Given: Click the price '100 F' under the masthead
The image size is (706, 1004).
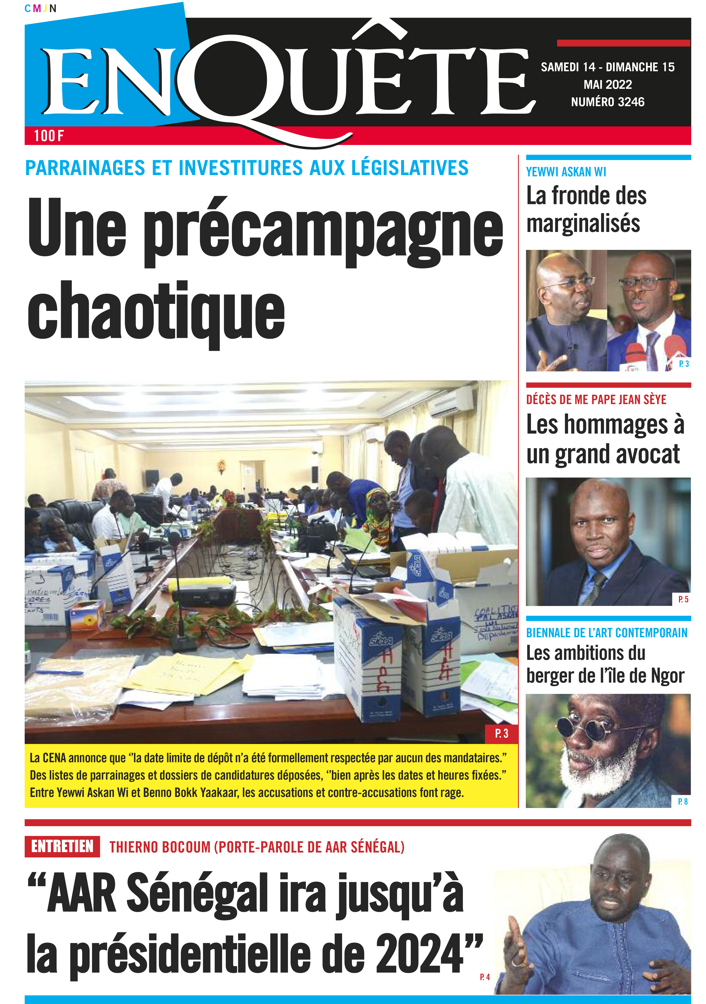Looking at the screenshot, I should pos(49,136).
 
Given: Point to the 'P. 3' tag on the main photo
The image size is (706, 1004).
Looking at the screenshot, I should pos(501,733).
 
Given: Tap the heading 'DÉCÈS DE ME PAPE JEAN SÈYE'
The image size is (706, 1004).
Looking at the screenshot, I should pos(596,400).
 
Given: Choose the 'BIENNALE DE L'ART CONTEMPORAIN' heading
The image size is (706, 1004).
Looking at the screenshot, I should pos(606,633).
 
